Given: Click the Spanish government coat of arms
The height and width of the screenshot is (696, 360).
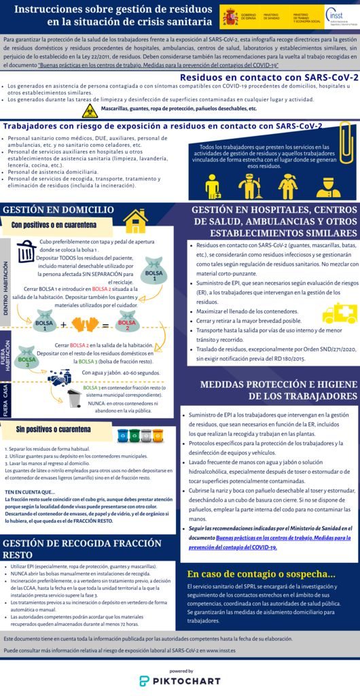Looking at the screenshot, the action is [230, 15].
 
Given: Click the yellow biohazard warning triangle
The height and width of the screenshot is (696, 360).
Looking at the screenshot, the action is [90, 109].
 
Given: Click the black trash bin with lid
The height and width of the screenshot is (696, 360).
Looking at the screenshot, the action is [26, 251].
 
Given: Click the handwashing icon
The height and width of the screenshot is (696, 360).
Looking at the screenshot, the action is [59, 376].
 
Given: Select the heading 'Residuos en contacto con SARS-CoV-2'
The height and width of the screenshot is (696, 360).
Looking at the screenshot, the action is [269, 78].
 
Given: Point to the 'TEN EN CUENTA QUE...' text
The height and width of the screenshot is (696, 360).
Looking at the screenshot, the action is [30, 491].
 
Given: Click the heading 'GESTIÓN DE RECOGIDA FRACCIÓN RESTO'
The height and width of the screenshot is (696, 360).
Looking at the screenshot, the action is [82, 549].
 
